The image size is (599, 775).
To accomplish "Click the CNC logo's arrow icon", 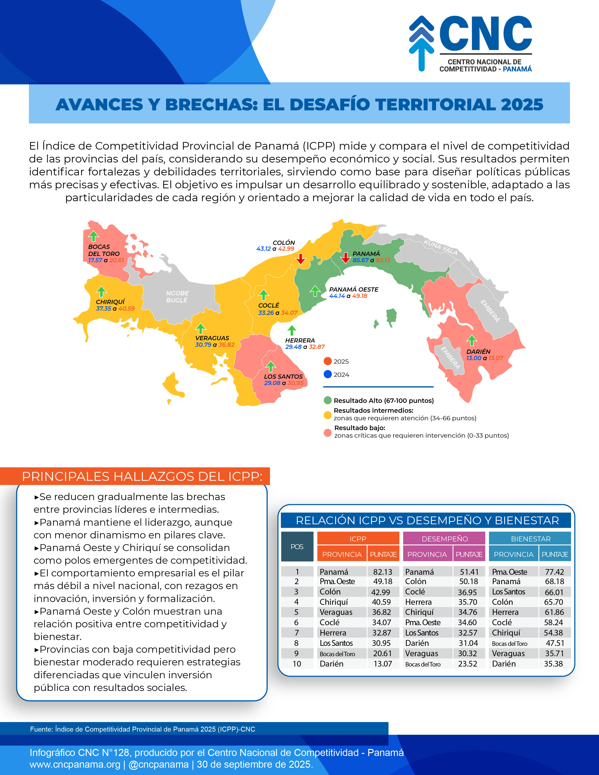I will click(x=421, y=43).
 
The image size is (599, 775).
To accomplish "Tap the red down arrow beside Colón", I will click(x=301, y=259).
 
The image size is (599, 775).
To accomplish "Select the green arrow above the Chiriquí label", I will click(x=101, y=291).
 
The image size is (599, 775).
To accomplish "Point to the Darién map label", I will click(x=478, y=351).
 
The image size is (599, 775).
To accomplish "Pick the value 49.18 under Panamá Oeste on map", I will click(x=359, y=296).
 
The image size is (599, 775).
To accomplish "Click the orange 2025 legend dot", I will click(x=328, y=361).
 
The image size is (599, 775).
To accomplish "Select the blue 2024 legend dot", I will click(x=328, y=374).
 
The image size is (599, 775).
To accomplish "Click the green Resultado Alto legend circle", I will click(x=328, y=400).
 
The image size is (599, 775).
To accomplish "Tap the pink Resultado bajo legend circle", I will click(x=328, y=432).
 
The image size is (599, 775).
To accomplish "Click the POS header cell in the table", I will click(x=297, y=547).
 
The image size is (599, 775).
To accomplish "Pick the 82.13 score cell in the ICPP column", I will click(x=383, y=572).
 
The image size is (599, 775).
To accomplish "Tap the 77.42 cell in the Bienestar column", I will click(x=554, y=572).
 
